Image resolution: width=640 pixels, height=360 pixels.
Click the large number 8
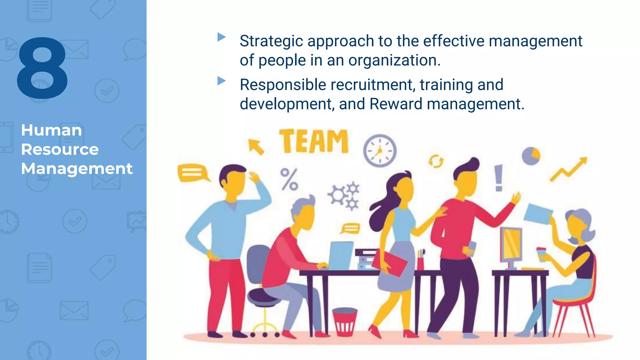pos(42,68)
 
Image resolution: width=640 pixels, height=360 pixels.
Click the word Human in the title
pos(52,130)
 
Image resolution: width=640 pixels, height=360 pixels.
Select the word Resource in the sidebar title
pos(60,149)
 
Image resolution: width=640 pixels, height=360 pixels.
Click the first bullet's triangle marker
pos(221,37)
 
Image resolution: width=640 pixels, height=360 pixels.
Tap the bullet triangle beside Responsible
pos(221,81)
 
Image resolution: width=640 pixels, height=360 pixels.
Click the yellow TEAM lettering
pos(314,141)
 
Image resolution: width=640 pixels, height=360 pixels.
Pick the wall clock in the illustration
pos(380,151)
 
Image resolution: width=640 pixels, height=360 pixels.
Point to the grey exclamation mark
pos(498,178)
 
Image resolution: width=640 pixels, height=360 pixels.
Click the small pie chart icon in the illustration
pos(531,156)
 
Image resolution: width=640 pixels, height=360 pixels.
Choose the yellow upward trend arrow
pos(569,169)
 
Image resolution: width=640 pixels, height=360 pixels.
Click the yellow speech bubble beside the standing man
pos(192,172)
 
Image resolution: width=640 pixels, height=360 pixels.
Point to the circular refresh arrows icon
pos(436,161)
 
